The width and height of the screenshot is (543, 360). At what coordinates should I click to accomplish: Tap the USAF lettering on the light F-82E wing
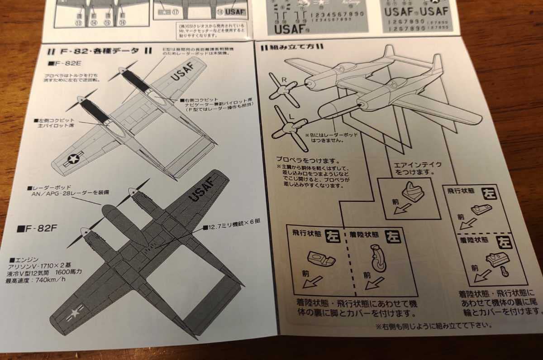(x=181, y=71)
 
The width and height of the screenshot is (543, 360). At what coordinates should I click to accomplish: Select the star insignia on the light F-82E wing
(x=72, y=159)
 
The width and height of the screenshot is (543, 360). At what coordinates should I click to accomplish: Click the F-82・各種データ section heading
(x=100, y=51)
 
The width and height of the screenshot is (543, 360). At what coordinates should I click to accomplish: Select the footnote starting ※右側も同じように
(x=432, y=325)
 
